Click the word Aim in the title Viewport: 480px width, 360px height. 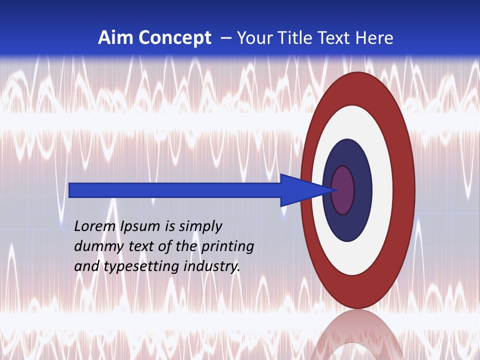click(x=113, y=38)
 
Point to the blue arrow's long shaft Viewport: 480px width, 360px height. click(x=175, y=190)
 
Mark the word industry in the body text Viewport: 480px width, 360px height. click(x=212, y=266)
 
